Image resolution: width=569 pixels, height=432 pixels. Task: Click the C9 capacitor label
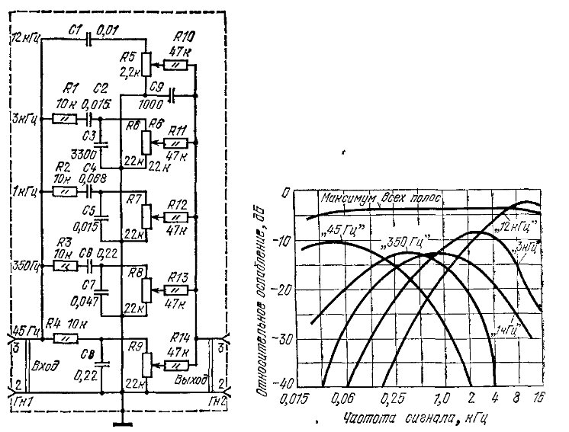pyautogui.click(x=156, y=86)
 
